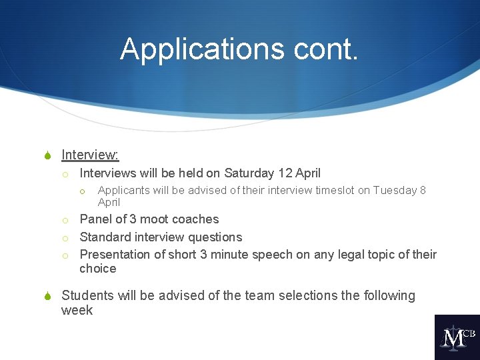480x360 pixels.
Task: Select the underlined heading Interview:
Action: pyautogui.click(x=90, y=155)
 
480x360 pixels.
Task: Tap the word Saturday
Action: pyautogui.click(x=249, y=173)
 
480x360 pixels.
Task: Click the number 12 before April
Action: pyautogui.click(x=285, y=173)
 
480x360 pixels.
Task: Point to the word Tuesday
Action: pyautogui.click(x=395, y=191)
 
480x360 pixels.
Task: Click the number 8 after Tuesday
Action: pyautogui.click(x=423, y=191)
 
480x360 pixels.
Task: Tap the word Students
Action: pyautogui.click(x=88, y=295)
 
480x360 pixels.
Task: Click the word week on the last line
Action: pyautogui.click(x=77, y=310)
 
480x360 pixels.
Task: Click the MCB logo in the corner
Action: pyautogui.click(x=457, y=337)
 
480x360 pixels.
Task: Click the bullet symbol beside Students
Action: pyautogui.click(x=47, y=296)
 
